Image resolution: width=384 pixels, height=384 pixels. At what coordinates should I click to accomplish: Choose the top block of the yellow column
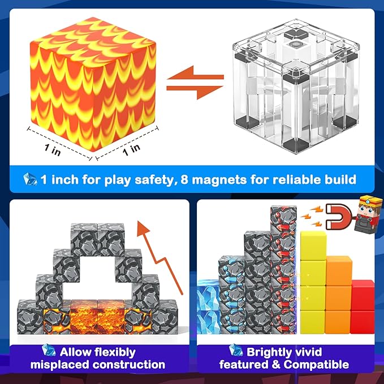click(312, 244)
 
